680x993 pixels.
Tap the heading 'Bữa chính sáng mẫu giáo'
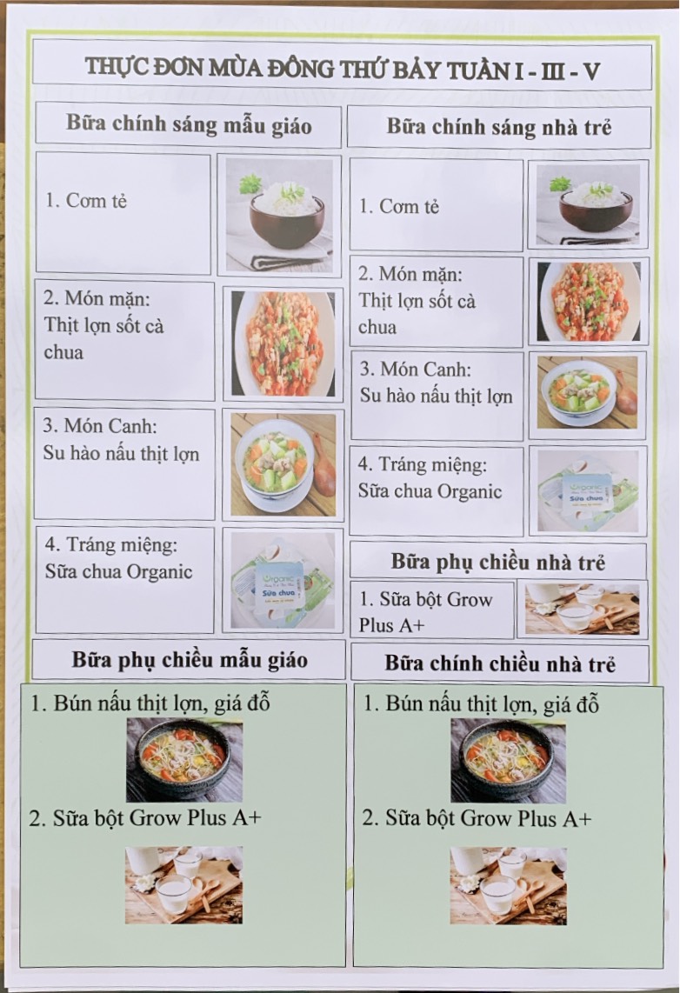189,124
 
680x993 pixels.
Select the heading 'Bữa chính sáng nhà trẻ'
499,127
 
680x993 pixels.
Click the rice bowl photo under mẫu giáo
279,215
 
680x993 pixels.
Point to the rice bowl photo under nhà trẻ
588,205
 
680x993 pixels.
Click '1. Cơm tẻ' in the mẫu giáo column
86,201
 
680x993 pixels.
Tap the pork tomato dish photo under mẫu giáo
283,343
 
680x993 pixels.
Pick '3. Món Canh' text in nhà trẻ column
416,370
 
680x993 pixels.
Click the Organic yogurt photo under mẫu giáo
283,579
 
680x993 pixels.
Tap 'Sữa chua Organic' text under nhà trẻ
430,491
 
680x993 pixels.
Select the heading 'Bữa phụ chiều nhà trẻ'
497,562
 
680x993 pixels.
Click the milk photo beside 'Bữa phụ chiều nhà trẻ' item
582,609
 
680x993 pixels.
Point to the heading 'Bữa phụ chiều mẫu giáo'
190,660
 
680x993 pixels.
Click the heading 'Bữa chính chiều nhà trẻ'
499,663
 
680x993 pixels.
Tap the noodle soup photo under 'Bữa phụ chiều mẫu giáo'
184,760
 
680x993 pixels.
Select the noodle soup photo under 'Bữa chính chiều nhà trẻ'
508,761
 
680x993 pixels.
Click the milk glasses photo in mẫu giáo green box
183,884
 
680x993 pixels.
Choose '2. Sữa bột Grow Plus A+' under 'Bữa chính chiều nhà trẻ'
477,818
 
